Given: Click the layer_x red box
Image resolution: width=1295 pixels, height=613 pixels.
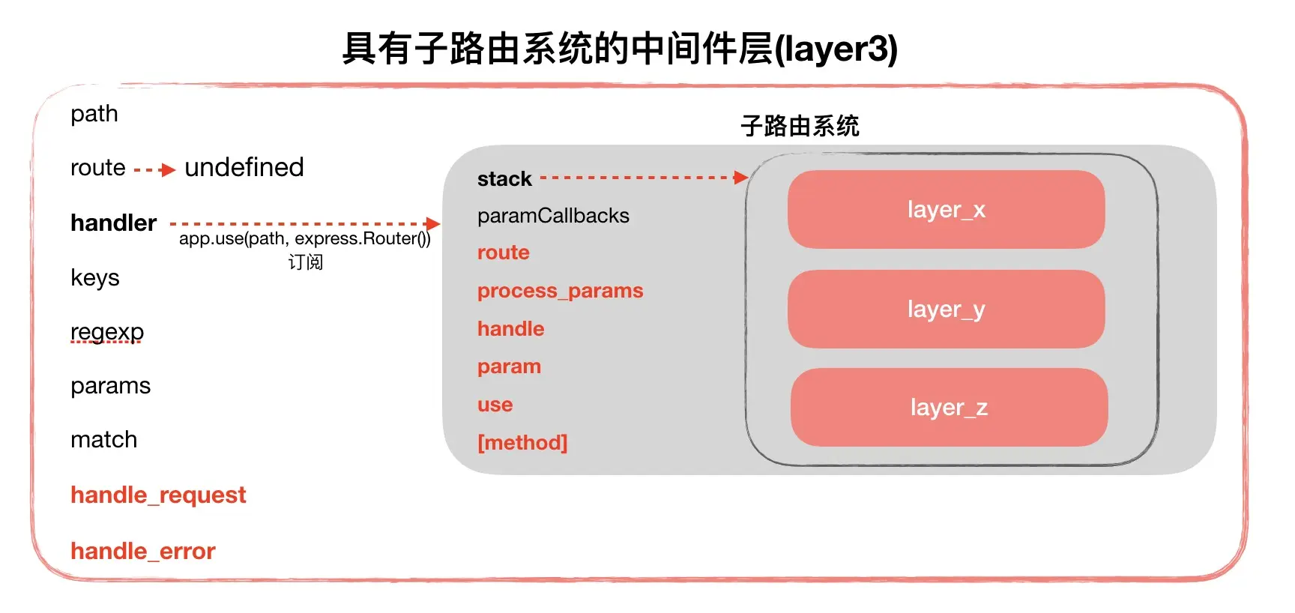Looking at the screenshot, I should click(946, 209).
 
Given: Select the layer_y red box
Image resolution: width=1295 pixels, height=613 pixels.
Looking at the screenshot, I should click(946, 309).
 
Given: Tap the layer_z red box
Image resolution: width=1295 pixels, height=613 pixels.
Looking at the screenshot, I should click(949, 407).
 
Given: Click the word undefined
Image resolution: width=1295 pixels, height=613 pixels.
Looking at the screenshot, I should click(244, 167).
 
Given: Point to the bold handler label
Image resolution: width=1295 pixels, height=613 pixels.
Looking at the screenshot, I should click(113, 223).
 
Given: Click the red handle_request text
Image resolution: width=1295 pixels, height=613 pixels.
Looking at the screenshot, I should click(158, 495).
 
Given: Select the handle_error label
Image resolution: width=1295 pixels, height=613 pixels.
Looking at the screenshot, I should click(142, 551).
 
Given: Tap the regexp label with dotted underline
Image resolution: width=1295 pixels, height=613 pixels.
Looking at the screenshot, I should click(107, 331).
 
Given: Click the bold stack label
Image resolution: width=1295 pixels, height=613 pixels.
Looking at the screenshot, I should click(504, 179).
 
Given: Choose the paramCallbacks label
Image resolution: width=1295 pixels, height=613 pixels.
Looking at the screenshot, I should click(553, 216).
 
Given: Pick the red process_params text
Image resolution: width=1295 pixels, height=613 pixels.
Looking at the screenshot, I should click(560, 291).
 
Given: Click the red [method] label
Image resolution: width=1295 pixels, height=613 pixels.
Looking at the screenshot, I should click(522, 442).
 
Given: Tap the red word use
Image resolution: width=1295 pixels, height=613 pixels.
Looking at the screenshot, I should click(495, 405).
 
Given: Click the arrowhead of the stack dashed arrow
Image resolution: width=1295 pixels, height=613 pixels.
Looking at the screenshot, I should click(740, 178).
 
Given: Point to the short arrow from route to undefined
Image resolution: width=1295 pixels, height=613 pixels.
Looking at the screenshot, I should click(154, 170).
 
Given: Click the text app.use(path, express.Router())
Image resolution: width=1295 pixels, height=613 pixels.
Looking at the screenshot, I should click(304, 239).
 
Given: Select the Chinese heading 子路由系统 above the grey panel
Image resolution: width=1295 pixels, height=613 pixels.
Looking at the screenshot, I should click(800, 126).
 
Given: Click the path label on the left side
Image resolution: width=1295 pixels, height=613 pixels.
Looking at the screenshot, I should click(94, 114).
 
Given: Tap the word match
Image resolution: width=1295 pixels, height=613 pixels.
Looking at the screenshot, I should click(103, 439).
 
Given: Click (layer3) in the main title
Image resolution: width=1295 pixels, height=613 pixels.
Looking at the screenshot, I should click(836, 49).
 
